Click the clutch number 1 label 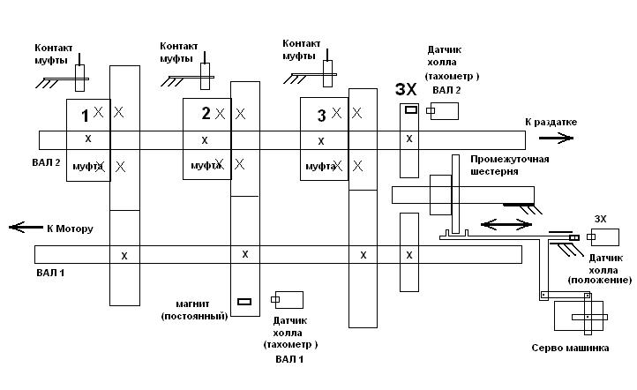pyautogui.click(x=85, y=116)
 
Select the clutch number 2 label pyautogui.click(x=206, y=113)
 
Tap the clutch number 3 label pyautogui.click(x=321, y=115)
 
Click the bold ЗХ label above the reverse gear pyautogui.click(x=406, y=90)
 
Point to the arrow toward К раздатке pyautogui.click(x=554, y=138)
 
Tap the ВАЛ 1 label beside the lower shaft pyautogui.click(x=50, y=274)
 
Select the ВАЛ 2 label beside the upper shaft pyautogui.click(x=45, y=163)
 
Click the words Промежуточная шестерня pyautogui.click(x=510, y=165)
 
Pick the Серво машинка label pyautogui.click(x=569, y=348)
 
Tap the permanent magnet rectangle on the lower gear pyautogui.click(x=244, y=302)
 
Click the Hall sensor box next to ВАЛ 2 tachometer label pyautogui.click(x=445, y=110)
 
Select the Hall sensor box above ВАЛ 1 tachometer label pyautogui.click(x=290, y=299)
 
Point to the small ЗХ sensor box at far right pyautogui.click(x=604, y=236)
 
